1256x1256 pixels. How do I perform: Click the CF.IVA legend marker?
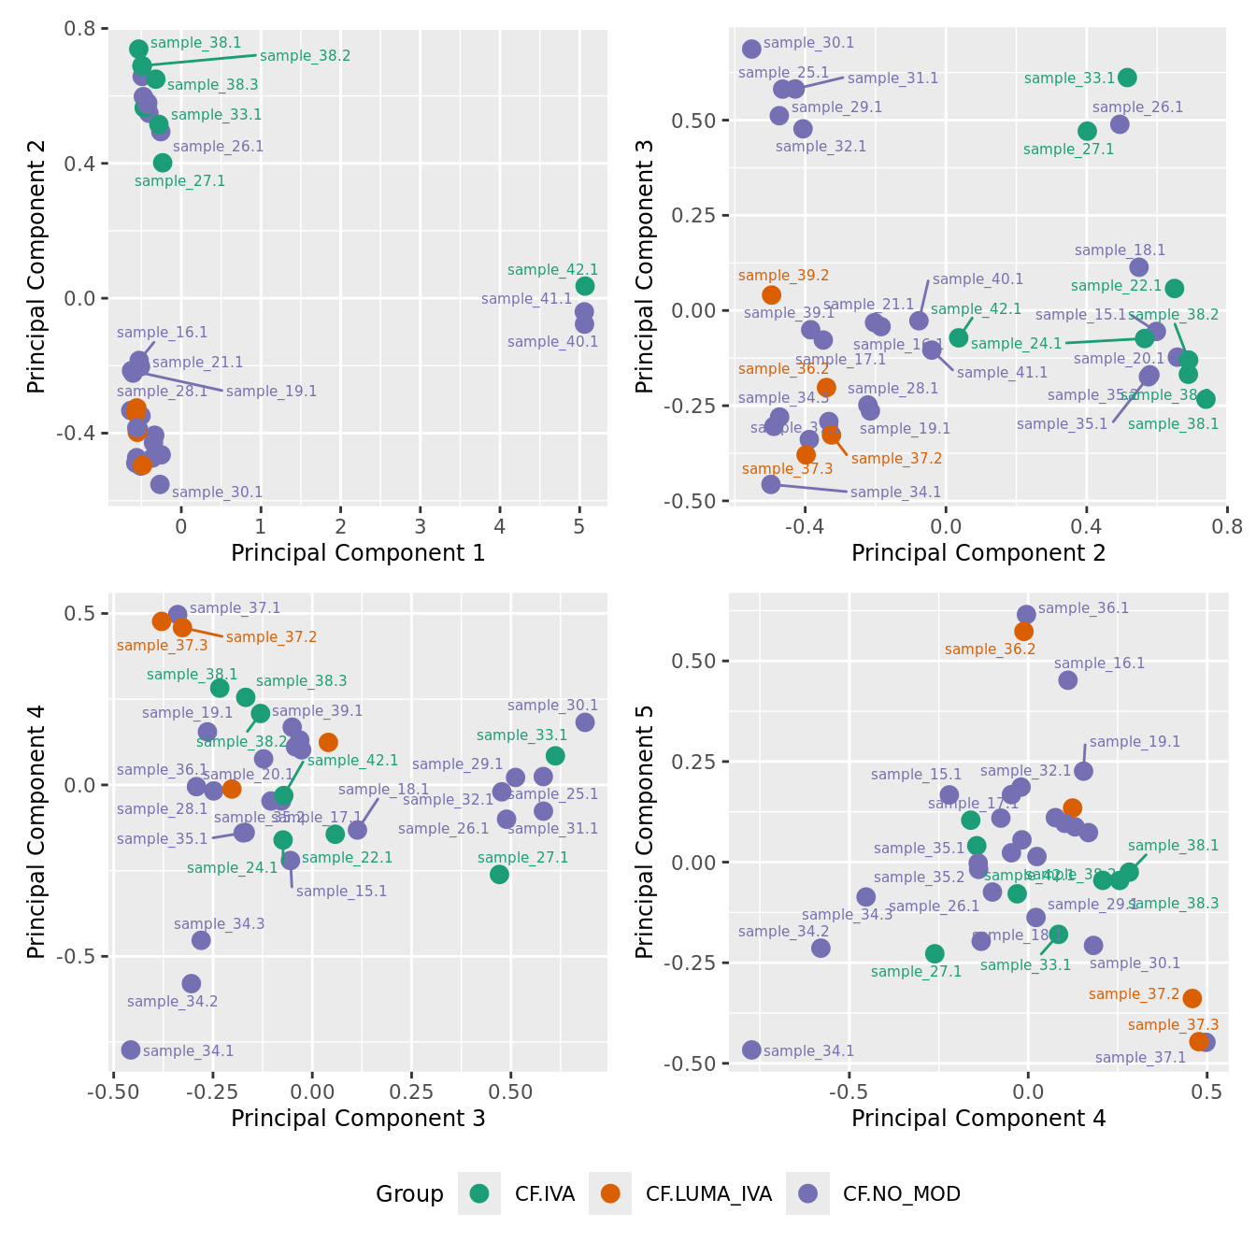click(479, 1193)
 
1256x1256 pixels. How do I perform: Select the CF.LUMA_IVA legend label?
click(708, 1193)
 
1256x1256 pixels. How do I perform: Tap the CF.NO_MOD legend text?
click(901, 1193)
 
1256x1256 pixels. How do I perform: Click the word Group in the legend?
click(409, 1193)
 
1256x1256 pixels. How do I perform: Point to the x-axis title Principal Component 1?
click(358, 553)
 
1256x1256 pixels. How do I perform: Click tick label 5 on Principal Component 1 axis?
click(579, 526)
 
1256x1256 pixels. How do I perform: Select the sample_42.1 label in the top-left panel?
click(552, 270)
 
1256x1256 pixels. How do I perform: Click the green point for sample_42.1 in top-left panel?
click(585, 286)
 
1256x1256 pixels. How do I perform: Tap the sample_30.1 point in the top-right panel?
click(751, 49)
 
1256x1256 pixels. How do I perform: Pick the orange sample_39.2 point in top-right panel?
click(771, 295)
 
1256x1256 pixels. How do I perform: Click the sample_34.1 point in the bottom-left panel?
click(131, 1049)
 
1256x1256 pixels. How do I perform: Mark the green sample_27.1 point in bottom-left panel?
click(499, 874)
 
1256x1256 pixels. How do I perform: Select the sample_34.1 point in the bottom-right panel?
click(751, 1049)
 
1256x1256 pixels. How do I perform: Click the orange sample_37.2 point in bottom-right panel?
click(1192, 998)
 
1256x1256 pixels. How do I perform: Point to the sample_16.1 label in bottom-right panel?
click(1099, 664)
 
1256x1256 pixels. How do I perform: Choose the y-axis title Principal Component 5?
click(644, 832)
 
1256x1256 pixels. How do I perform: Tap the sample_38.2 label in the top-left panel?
click(305, 56)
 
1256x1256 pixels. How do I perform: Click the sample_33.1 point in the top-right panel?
click(1127, 78)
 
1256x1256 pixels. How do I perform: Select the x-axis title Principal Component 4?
click(978, 1119)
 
